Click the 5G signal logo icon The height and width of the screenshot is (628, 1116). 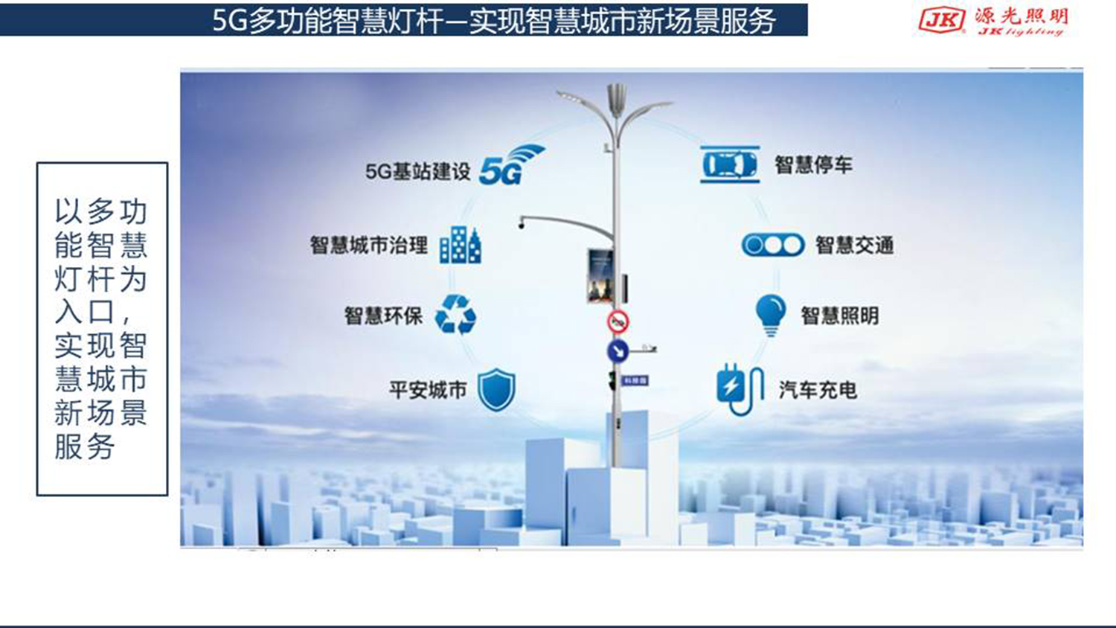coord(510,165)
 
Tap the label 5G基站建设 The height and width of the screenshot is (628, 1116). coord(417,172)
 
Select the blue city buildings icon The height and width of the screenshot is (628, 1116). coord(460,245)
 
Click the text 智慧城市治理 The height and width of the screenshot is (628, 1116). coord(368,245)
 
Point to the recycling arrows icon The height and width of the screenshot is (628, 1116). coord(455,314)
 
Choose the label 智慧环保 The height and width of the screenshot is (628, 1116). coord(382,315)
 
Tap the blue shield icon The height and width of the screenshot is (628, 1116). coord(496,389)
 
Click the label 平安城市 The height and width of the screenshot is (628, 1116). coord(427,390)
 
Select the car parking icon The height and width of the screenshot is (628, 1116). coord(730,164)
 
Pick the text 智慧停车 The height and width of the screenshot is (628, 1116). coord(812,164)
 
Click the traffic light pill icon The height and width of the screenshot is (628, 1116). coord(773,245)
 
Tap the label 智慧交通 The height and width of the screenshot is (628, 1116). coord(853,245)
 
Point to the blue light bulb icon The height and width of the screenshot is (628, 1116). coord(770,314)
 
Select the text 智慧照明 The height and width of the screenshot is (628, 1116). coord(839,315)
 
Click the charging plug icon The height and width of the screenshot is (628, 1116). coord(740,389)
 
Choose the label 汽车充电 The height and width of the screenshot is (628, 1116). coord(817,390)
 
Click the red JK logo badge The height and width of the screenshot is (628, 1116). coord(941,20)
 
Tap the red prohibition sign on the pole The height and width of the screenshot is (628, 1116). coord(618,322)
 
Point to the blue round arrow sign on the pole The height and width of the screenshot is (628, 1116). coord(618,350)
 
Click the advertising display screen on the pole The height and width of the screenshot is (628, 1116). coord(600,275)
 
